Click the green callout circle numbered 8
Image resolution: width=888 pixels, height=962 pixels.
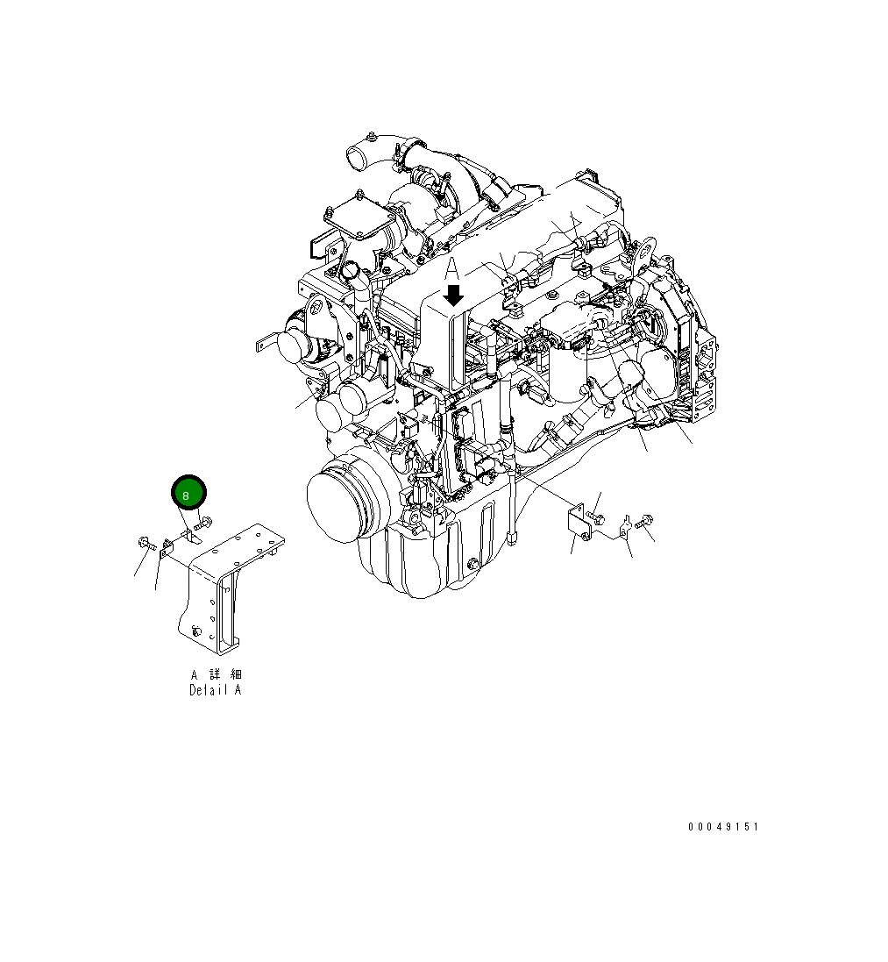coord(187,494)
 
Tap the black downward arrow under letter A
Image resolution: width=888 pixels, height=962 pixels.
coord(453,295)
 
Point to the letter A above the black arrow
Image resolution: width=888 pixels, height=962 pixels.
coord(452,268)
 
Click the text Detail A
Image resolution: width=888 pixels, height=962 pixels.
coord(216,690)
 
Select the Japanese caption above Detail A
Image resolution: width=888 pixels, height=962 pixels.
coord(216,674)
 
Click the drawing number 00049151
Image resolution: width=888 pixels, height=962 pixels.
coord(723,827)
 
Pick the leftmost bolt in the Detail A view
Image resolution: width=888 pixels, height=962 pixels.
coord(146,546)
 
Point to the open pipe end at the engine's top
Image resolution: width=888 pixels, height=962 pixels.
coord(358,158)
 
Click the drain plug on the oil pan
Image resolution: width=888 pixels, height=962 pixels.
coord(472,562)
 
